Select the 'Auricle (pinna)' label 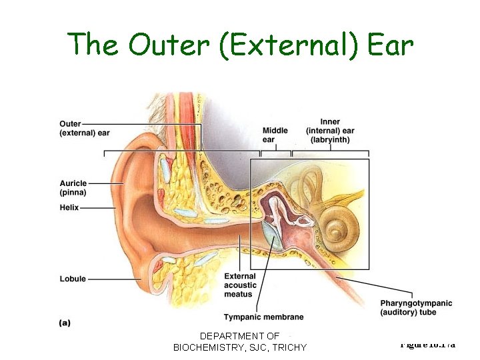tap(73, 188)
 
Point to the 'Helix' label tap(69, 207)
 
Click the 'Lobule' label tap(73, 279)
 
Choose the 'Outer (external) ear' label tap(84, 128)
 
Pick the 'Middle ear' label tap(275, 135)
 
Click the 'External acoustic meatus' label tap(240, 285)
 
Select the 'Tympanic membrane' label tap(263, 317)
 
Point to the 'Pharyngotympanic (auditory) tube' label tap(415, 307)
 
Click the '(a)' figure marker tap(65, 322)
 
